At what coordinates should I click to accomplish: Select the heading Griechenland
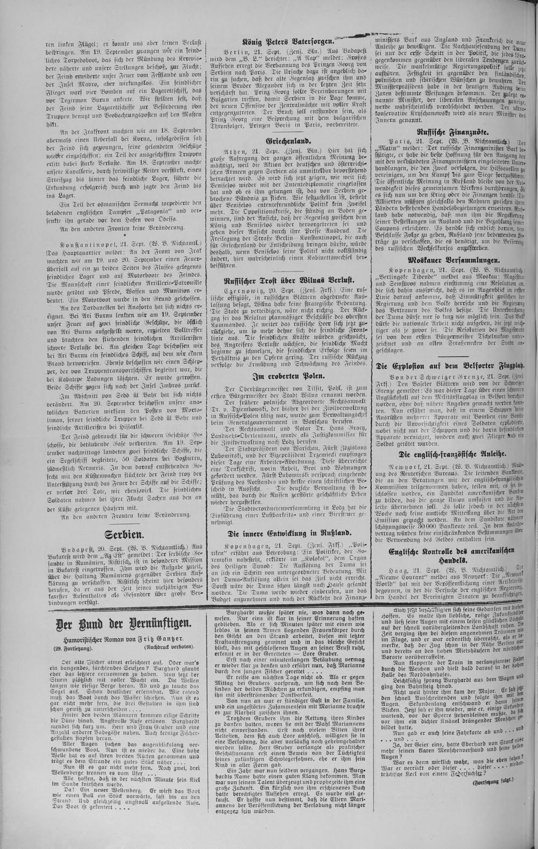(288, 140)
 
